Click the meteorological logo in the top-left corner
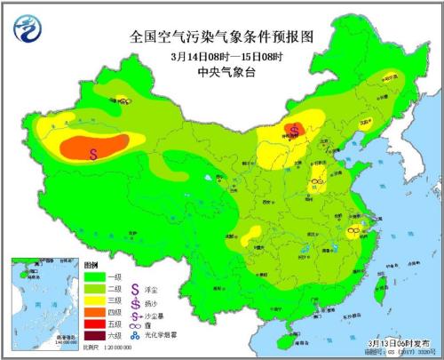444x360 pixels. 28,30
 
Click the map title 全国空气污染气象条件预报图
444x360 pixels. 222,37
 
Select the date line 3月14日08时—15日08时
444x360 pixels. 222,58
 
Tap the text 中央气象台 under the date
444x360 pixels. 222,76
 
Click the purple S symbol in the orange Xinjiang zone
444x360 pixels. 93,152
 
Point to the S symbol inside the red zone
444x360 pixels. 294,132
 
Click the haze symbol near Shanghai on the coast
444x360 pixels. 353,230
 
